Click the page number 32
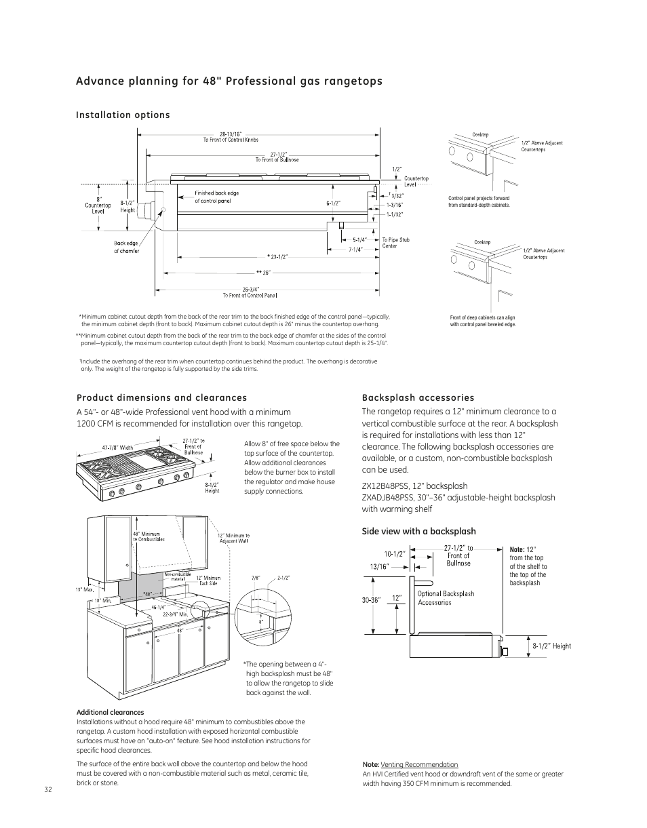coord(47,790)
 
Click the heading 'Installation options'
coord(123,115)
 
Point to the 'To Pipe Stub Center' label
coord(395,243)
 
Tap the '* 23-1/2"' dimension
coord(277,256)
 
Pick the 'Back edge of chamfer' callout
coord(126,248)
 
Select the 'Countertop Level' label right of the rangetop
coord(416,182)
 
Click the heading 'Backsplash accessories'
coord(418,398)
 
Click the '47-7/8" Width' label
coord(117,448)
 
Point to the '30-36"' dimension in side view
coord(372,599)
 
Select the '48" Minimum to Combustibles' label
coord(149,536)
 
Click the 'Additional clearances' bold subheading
coord(110,713)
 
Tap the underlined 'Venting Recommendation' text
coord(419,765)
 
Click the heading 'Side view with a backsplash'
coord(418,532)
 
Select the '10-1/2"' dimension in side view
coord(395,553)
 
